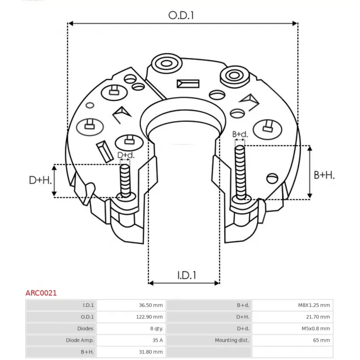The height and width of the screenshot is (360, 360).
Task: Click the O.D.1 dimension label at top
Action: (x=181, y=15)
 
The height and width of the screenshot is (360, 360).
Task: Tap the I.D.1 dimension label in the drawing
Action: (x=187, y=275)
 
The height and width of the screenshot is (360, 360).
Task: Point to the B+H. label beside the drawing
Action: (x=324, y=175)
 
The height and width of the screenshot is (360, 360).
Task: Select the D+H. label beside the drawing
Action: (x=40, y=180)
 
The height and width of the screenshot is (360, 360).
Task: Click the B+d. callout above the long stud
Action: (x=240, y=134)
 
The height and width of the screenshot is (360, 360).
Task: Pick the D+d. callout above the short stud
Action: (x=126, y=155)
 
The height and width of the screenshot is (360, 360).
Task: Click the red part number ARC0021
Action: (x=41, y=293)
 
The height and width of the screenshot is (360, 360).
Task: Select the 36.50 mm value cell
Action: (x=151, y=305)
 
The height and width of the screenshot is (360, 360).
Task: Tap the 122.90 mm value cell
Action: (x=149, y=317)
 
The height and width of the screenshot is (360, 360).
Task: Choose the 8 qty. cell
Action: (x=157, y=328)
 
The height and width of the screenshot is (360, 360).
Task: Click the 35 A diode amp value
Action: (x=157, y=340)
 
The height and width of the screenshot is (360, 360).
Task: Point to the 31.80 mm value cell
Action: (x=151, y=352)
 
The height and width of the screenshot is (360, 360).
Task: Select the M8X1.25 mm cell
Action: (x=314, y=305)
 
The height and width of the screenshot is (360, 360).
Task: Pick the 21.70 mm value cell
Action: (x=318, y=317)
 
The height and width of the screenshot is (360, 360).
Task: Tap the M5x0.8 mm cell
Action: (x=316, y=328)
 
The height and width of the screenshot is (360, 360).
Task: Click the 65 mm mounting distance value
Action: (x=321, y=340)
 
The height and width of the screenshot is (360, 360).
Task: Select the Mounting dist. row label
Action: (x=232, y=340)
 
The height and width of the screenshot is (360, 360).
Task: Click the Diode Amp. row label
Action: (x=80, y=340)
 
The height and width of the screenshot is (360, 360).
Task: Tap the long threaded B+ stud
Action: (x=240, y=172)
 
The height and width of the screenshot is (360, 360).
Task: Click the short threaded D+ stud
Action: (x=126, y=181)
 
